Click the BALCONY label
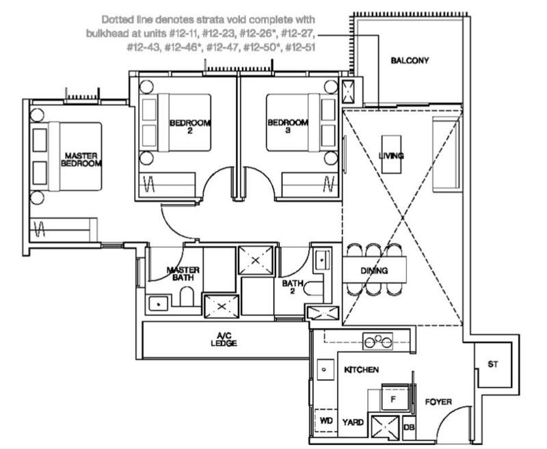(410, 61)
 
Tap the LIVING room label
(390, 156)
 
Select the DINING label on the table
(374, 271)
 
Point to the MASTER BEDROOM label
(81, 160)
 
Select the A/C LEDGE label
(224, 340)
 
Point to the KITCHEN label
(361, 369)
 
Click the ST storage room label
(492, 365)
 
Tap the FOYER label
(438, 402)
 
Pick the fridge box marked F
(392, 397)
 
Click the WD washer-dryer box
(325, 422)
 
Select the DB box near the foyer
(409, 428)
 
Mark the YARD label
(353, 422)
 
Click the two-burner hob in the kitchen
(378, 341)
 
